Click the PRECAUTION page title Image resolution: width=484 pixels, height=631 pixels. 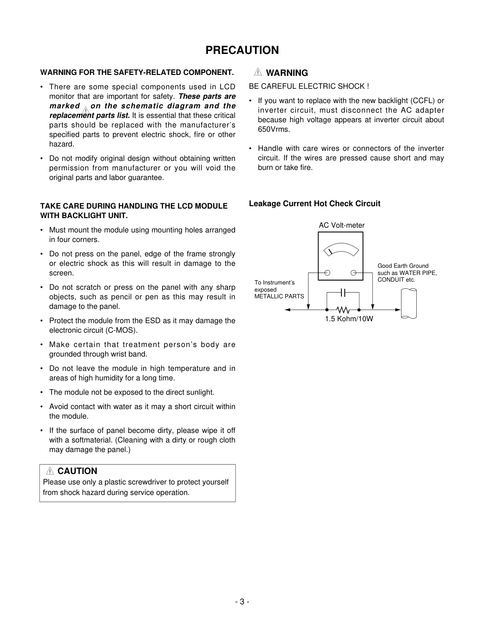point(242,50)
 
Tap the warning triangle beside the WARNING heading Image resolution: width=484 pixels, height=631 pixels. point(258,73)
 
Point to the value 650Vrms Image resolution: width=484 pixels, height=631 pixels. point(274,129)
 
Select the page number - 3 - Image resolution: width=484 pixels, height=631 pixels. point(242,601)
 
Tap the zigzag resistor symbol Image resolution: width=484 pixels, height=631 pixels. point(342,310)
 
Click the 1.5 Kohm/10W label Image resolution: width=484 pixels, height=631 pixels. point(349,319)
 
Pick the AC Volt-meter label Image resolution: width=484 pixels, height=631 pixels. point(341,225)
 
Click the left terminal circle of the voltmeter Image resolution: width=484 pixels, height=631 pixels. point(328,273)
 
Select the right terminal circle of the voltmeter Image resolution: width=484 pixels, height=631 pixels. point(353,273)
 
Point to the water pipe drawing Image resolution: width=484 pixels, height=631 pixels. point(409,304)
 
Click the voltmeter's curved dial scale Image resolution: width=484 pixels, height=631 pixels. point(340,249)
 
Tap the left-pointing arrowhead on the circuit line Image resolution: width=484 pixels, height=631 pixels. point(288,310)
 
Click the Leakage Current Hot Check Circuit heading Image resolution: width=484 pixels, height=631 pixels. point(314,204)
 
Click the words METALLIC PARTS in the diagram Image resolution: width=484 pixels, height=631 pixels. point(279,296)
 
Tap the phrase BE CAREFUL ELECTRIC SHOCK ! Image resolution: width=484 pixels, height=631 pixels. point(309,86)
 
